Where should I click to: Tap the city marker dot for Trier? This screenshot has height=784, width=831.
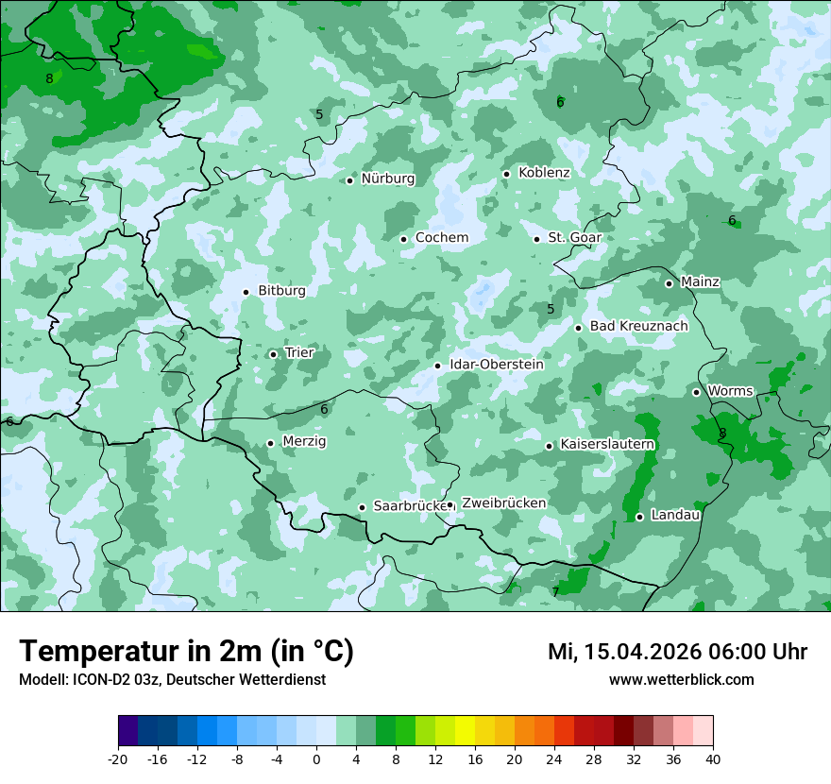tap(273, 354)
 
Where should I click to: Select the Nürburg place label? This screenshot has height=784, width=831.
tap(387, 179)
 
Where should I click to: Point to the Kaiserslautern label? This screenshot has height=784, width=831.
tap(607, 444)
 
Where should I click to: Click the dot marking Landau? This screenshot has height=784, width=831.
tap(639, 517)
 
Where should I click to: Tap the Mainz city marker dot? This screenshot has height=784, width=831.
tap(669, 283)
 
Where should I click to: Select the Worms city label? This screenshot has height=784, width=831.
tap(730, 391)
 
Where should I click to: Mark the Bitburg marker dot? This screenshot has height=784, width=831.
tap(246, 292)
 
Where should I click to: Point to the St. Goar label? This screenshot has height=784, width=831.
tap(574, 237)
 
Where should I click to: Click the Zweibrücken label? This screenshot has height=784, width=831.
tap(503, 503)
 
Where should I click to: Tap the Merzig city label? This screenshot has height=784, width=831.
tap(304, 442)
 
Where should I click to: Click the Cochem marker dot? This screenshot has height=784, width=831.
tap(403, 239)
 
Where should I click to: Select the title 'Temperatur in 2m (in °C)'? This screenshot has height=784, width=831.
tap(186, 651)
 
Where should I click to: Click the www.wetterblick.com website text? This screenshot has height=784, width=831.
tap(681, 680)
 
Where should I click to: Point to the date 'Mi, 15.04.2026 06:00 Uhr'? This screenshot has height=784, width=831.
tap(677, 652)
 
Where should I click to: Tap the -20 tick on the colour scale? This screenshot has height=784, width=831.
tap(118, 759)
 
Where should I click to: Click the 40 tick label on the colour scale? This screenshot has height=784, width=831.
tap(712, 759)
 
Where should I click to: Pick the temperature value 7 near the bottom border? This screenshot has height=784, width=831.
tap(555, 592)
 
